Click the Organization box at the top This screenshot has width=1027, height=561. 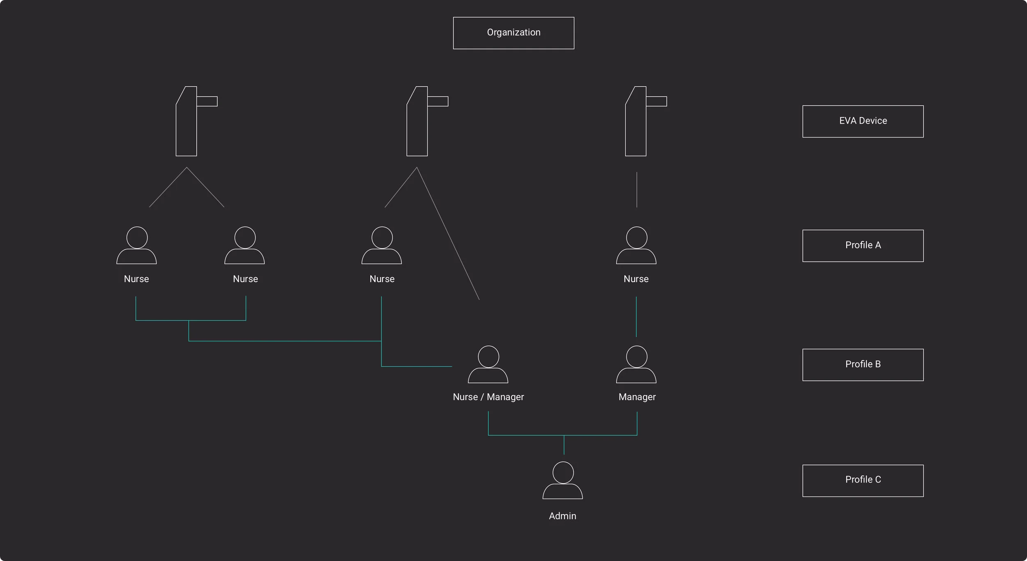513,33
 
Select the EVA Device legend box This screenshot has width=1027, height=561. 863,121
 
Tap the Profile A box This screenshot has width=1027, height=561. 863,246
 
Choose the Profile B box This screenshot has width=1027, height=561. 863,365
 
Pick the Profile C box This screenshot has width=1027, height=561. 863,481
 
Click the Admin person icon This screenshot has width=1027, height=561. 562,481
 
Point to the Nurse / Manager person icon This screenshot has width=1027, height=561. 488,365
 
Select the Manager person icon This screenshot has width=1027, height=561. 636,365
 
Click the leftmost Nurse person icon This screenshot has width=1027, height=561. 136,246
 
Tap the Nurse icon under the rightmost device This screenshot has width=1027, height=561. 636,246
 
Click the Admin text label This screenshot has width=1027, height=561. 562,516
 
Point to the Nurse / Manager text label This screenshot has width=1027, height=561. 488,397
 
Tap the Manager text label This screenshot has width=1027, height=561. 637,397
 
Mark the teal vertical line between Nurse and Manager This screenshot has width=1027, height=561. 636,317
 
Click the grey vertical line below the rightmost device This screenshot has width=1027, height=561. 637,189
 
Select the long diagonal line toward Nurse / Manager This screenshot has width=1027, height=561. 448,234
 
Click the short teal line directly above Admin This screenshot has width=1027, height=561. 564,445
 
